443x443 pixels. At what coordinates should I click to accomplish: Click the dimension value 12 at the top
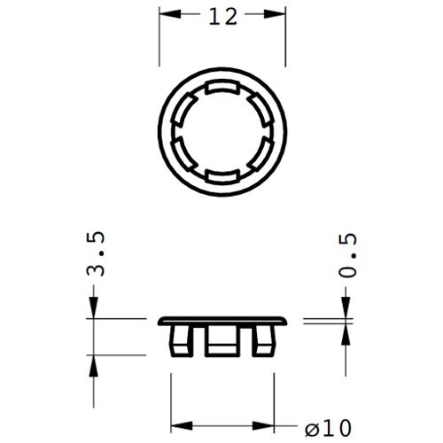[223, 17]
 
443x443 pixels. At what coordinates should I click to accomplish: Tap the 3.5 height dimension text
[96, 254]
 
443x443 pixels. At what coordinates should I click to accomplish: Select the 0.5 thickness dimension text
[347, 255]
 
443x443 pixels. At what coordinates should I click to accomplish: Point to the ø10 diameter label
[328, 427]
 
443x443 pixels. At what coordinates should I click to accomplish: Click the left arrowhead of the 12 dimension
[170, 14]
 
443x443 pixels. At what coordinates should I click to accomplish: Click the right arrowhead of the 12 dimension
[275, 14]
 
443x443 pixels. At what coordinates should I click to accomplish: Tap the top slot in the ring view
[222, 88]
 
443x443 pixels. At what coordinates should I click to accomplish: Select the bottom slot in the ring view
[222, 176]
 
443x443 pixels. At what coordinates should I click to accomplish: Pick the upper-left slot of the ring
[184, 109]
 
